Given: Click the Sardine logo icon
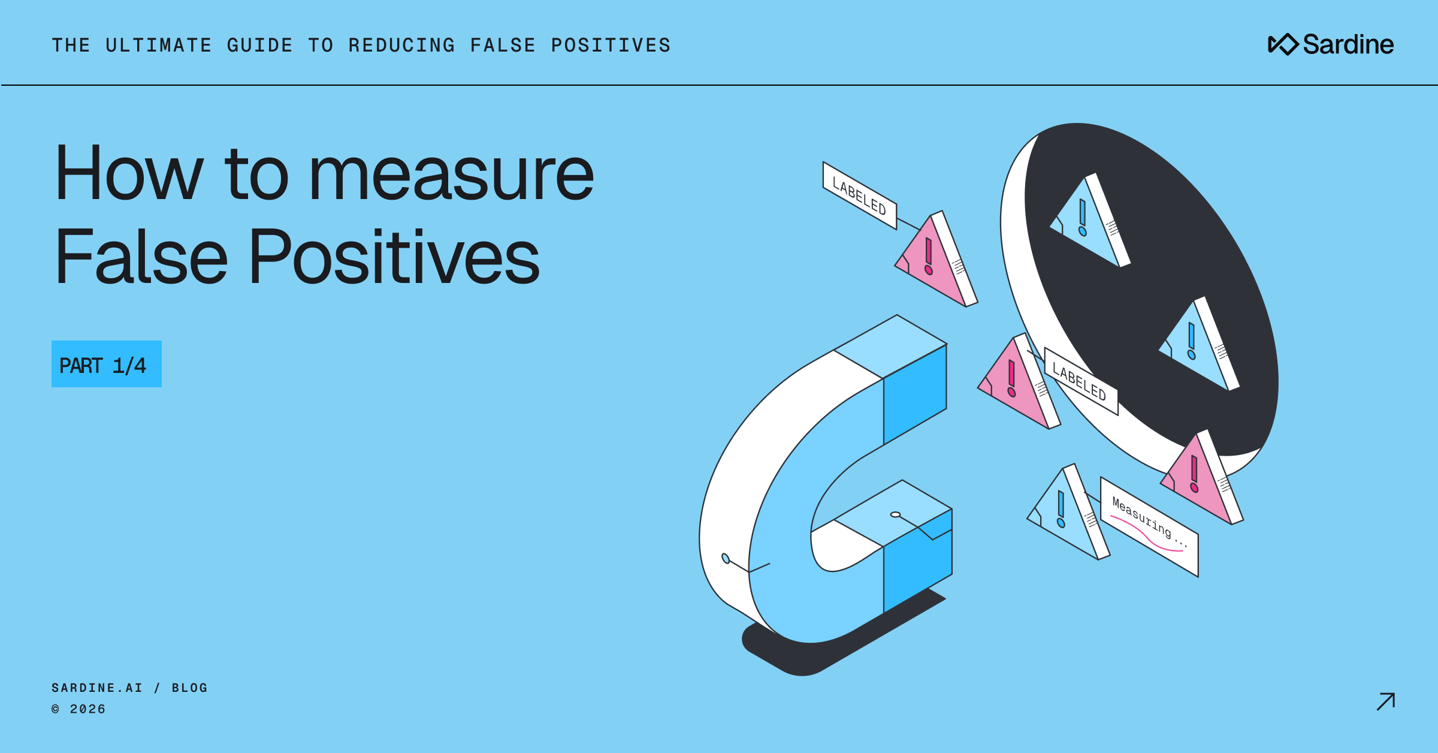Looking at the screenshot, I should pos(1283,44).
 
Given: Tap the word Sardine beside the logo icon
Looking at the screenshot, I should pos(1348,44).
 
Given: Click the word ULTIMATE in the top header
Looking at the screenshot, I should pos(159,46).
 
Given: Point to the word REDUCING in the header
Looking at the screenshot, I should pos(402,46).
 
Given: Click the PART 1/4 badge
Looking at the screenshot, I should pos(106,364).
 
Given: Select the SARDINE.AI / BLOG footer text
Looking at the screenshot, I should pos(129,688).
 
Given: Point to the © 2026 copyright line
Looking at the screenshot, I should pos(78,709).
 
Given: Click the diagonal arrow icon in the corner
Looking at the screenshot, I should pos(1385,701).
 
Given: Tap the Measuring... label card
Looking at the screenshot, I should pos(1149,526).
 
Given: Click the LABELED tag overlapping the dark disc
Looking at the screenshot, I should pos(1080,382).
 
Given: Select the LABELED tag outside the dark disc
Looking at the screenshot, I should pos(859,195).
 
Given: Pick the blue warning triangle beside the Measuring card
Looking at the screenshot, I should pos(1067,516).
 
